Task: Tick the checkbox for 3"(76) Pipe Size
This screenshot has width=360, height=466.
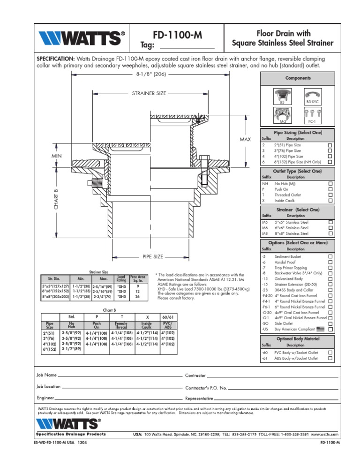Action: tap(330, 151)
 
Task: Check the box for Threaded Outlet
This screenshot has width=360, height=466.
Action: tap(330, 195)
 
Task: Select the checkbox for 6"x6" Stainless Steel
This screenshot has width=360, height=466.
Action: tap(330, 228)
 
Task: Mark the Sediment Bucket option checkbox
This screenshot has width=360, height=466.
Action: tap(330, 257)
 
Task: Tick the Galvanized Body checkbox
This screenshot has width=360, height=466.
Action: tap(330, 279)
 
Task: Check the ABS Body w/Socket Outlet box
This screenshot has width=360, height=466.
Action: tap(330, 358)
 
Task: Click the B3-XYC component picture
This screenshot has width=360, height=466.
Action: tap(313, 94)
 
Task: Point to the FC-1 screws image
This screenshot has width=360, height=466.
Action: tap(313, 114)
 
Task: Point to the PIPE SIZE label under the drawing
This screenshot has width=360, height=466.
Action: tap(152, 257)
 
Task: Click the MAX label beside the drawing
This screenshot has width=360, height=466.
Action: tap(246, 140)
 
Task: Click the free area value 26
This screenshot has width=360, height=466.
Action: tap(137, 296)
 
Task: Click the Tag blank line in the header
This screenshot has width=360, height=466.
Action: tap(187, 48)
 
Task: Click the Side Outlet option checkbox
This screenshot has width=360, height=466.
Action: tap(330, 324)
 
